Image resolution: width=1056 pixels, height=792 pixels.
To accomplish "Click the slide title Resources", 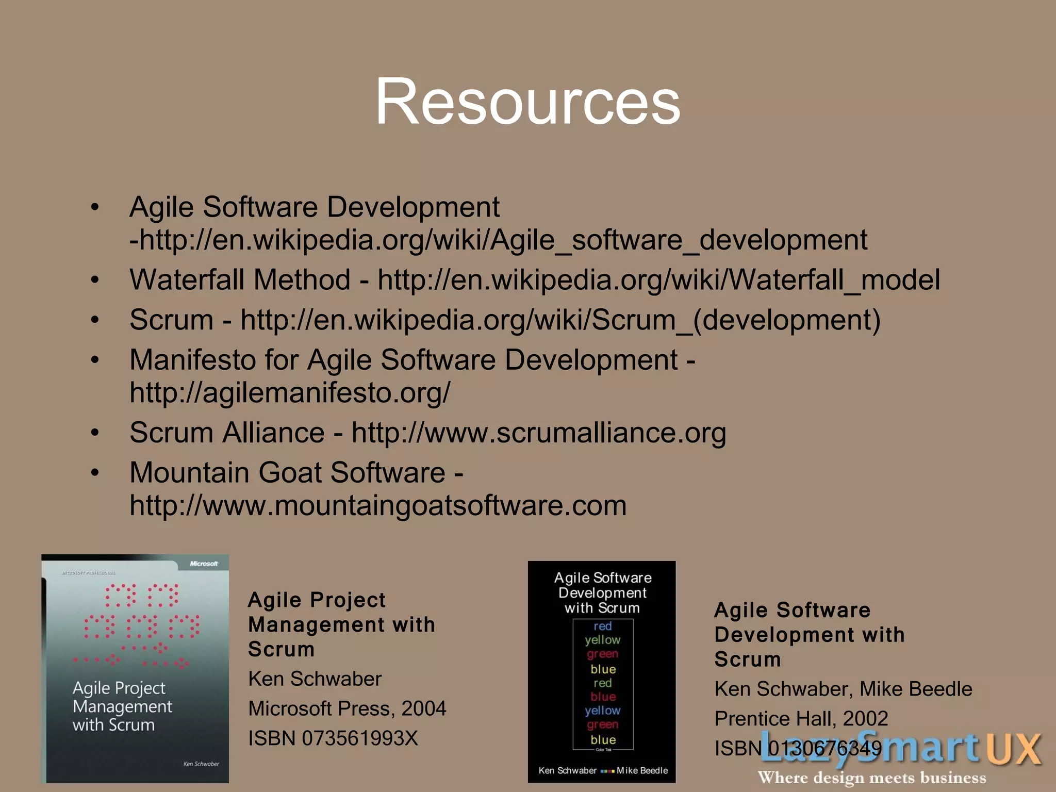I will point(527,101).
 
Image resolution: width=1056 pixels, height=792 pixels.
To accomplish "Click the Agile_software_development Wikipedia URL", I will point(498,240).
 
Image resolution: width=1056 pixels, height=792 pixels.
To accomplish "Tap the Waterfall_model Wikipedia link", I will point(658,280).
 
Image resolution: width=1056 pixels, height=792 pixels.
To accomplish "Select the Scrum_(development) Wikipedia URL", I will point(560,320).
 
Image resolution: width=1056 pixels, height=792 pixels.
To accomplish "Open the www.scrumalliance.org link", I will point(539,433).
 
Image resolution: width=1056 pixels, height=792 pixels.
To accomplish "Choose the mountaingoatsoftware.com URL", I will point(378,506).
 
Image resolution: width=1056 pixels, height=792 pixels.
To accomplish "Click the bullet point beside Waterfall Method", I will point(95,280).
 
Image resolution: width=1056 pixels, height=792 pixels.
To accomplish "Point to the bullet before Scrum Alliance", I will point(95,433).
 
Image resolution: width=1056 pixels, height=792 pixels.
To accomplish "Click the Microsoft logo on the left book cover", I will point(204,564).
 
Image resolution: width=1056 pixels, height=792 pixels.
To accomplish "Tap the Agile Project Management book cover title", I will point(122,706).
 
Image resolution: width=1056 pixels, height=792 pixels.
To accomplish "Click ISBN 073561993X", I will point(333,738).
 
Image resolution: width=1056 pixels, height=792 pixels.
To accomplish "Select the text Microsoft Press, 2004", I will point(347,708).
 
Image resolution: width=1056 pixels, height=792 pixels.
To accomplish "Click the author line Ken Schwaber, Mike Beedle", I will point(843,689).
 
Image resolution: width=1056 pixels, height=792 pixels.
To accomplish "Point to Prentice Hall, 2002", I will point(801,718).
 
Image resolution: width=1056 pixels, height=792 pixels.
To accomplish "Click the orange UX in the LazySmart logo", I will point(1014,749).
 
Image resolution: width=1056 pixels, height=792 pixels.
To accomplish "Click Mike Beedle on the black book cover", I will point(642,770).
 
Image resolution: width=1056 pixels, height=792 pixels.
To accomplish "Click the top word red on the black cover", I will point(602,626).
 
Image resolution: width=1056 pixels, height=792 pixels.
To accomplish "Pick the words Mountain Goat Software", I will point(287,472).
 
